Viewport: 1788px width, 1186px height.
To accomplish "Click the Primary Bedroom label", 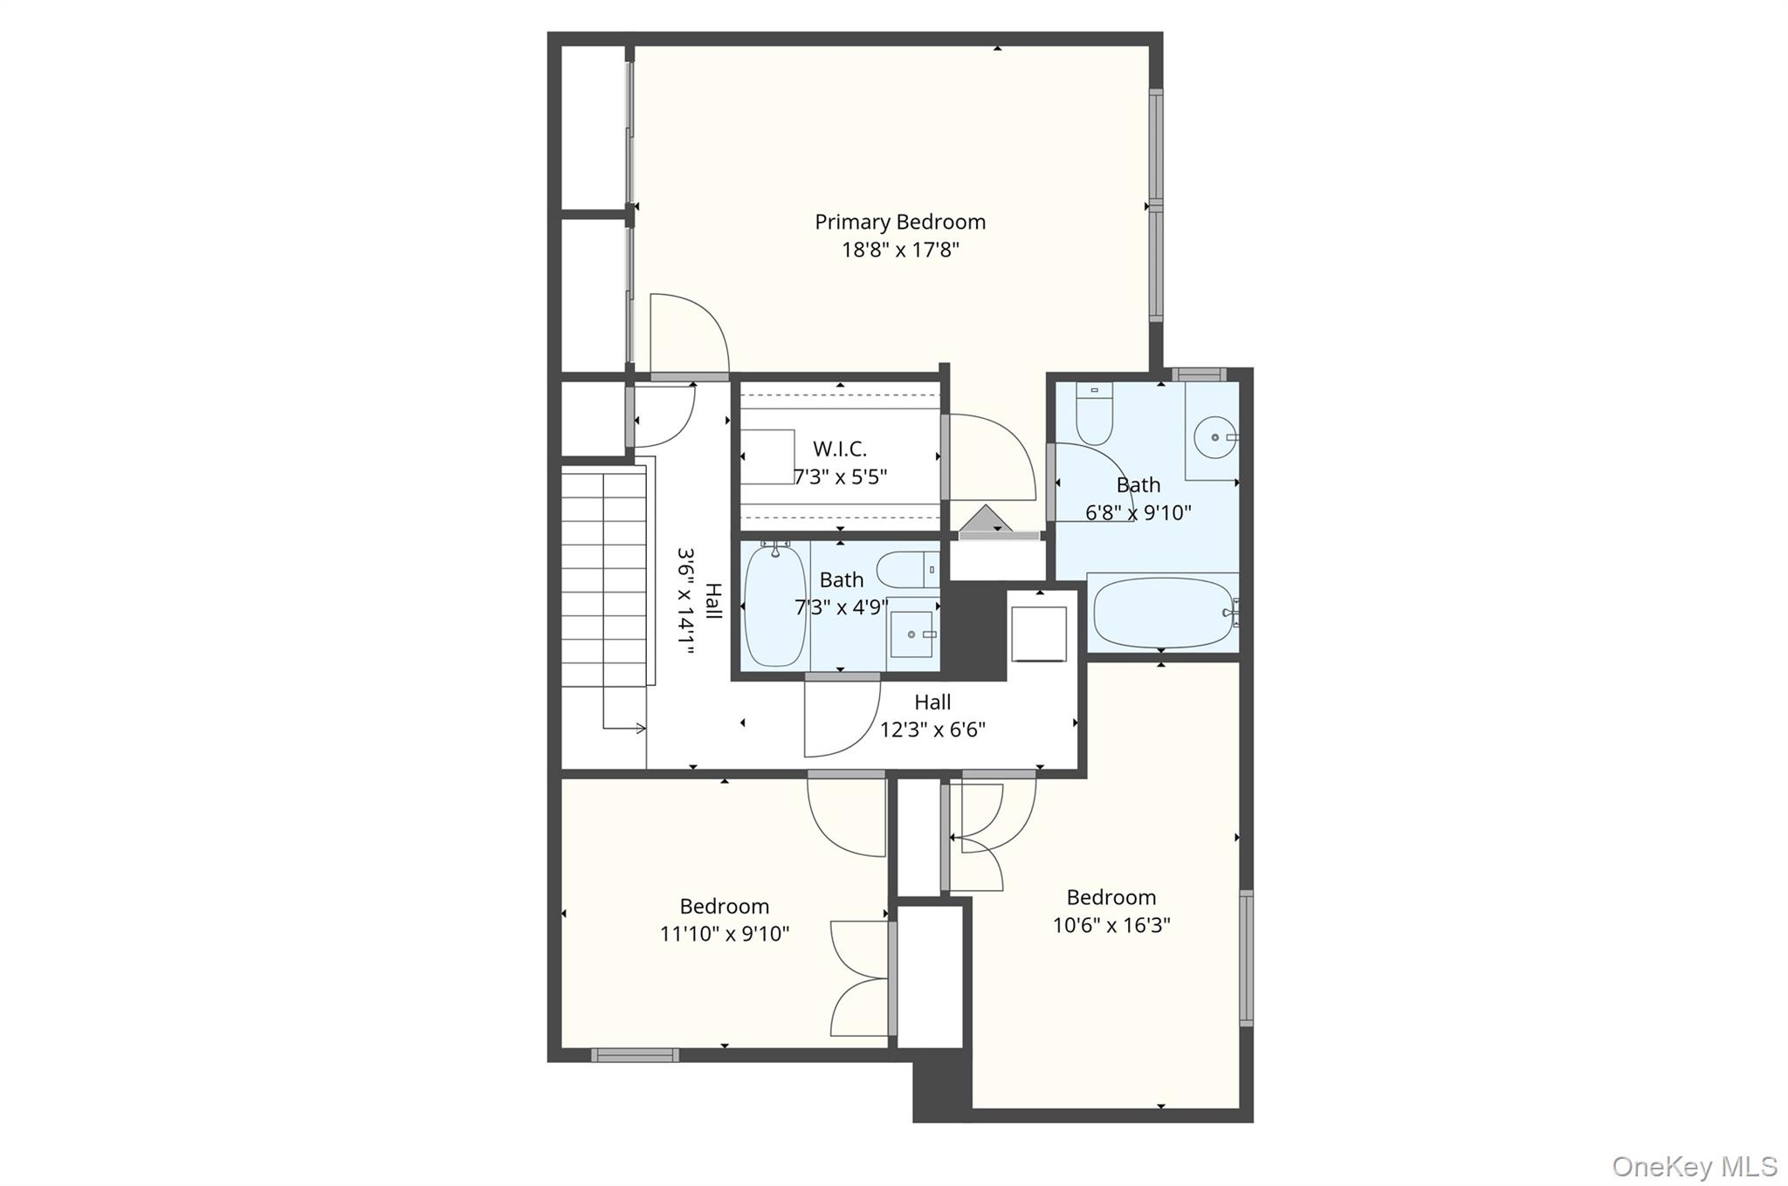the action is (x=900, y=223).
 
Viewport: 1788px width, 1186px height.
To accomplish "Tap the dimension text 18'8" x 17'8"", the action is (x=900, y=250).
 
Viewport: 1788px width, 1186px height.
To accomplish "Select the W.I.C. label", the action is (x=840, y=449).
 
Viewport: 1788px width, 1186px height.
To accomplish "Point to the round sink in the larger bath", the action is (x=1214, y=436).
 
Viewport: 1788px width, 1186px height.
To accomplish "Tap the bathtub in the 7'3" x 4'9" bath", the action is (x=774, y=606).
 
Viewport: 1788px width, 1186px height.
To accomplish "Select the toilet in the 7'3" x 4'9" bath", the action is (x=907, y=570).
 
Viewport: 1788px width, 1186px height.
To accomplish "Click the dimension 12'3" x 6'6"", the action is (x=932, y=730).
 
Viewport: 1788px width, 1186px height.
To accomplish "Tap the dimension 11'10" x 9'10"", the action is (x=725, y=934).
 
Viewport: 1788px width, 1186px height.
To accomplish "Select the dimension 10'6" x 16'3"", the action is (x=1111, y=925).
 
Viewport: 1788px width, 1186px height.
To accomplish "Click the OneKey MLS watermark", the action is (x=1694, y=1166).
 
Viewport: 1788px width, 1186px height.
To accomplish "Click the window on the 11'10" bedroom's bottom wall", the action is (x=635, y=1055).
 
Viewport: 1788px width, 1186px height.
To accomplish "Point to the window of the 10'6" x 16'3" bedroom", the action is (x=1247, y=958).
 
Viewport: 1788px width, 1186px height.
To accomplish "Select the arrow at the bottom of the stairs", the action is (x=624, y=728).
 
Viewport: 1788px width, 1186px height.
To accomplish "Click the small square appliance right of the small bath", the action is (x=1039, y=634).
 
